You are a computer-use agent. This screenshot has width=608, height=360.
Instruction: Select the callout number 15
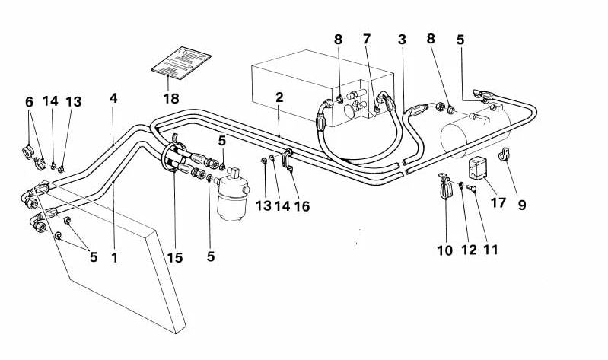point(175,258)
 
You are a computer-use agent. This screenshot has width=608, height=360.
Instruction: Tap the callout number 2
point(279,97)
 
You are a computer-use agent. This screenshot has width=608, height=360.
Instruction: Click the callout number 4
point(113,98)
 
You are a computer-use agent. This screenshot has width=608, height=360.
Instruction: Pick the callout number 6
point(30,101)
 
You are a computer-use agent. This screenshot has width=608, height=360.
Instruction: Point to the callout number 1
point(114,258)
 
